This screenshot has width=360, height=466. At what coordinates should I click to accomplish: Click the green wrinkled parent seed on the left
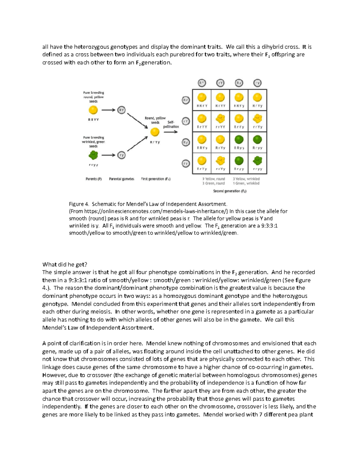point(93,155)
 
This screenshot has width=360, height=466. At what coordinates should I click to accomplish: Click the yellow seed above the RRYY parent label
point(93,110)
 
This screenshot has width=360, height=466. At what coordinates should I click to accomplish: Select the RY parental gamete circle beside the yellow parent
point(121,110)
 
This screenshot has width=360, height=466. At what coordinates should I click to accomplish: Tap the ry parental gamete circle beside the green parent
point(121,155)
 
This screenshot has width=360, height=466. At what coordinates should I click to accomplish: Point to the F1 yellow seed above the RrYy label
point(155,132)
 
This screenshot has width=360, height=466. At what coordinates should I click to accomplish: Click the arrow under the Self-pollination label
point(171,132)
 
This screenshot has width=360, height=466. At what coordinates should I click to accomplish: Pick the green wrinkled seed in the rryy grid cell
point(257,161)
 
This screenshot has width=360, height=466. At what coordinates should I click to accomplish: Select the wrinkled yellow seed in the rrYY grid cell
point(220,119)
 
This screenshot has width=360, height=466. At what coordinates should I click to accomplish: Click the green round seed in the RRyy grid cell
point(239,140)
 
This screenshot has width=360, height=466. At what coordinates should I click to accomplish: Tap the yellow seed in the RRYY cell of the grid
point(202,98)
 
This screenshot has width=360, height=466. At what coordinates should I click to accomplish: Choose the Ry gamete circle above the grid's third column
point(239,83)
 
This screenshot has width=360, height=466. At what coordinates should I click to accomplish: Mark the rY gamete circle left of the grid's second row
point(186,121)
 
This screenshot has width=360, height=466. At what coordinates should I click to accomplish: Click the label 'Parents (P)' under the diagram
point(94,179)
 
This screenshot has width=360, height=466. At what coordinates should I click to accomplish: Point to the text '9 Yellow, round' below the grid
point(214,179)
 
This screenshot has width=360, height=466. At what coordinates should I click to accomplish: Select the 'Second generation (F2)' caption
point(229,191)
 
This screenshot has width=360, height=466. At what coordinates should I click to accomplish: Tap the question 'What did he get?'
point(64,264)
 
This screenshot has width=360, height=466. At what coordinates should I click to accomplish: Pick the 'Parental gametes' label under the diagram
point(121,179)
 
